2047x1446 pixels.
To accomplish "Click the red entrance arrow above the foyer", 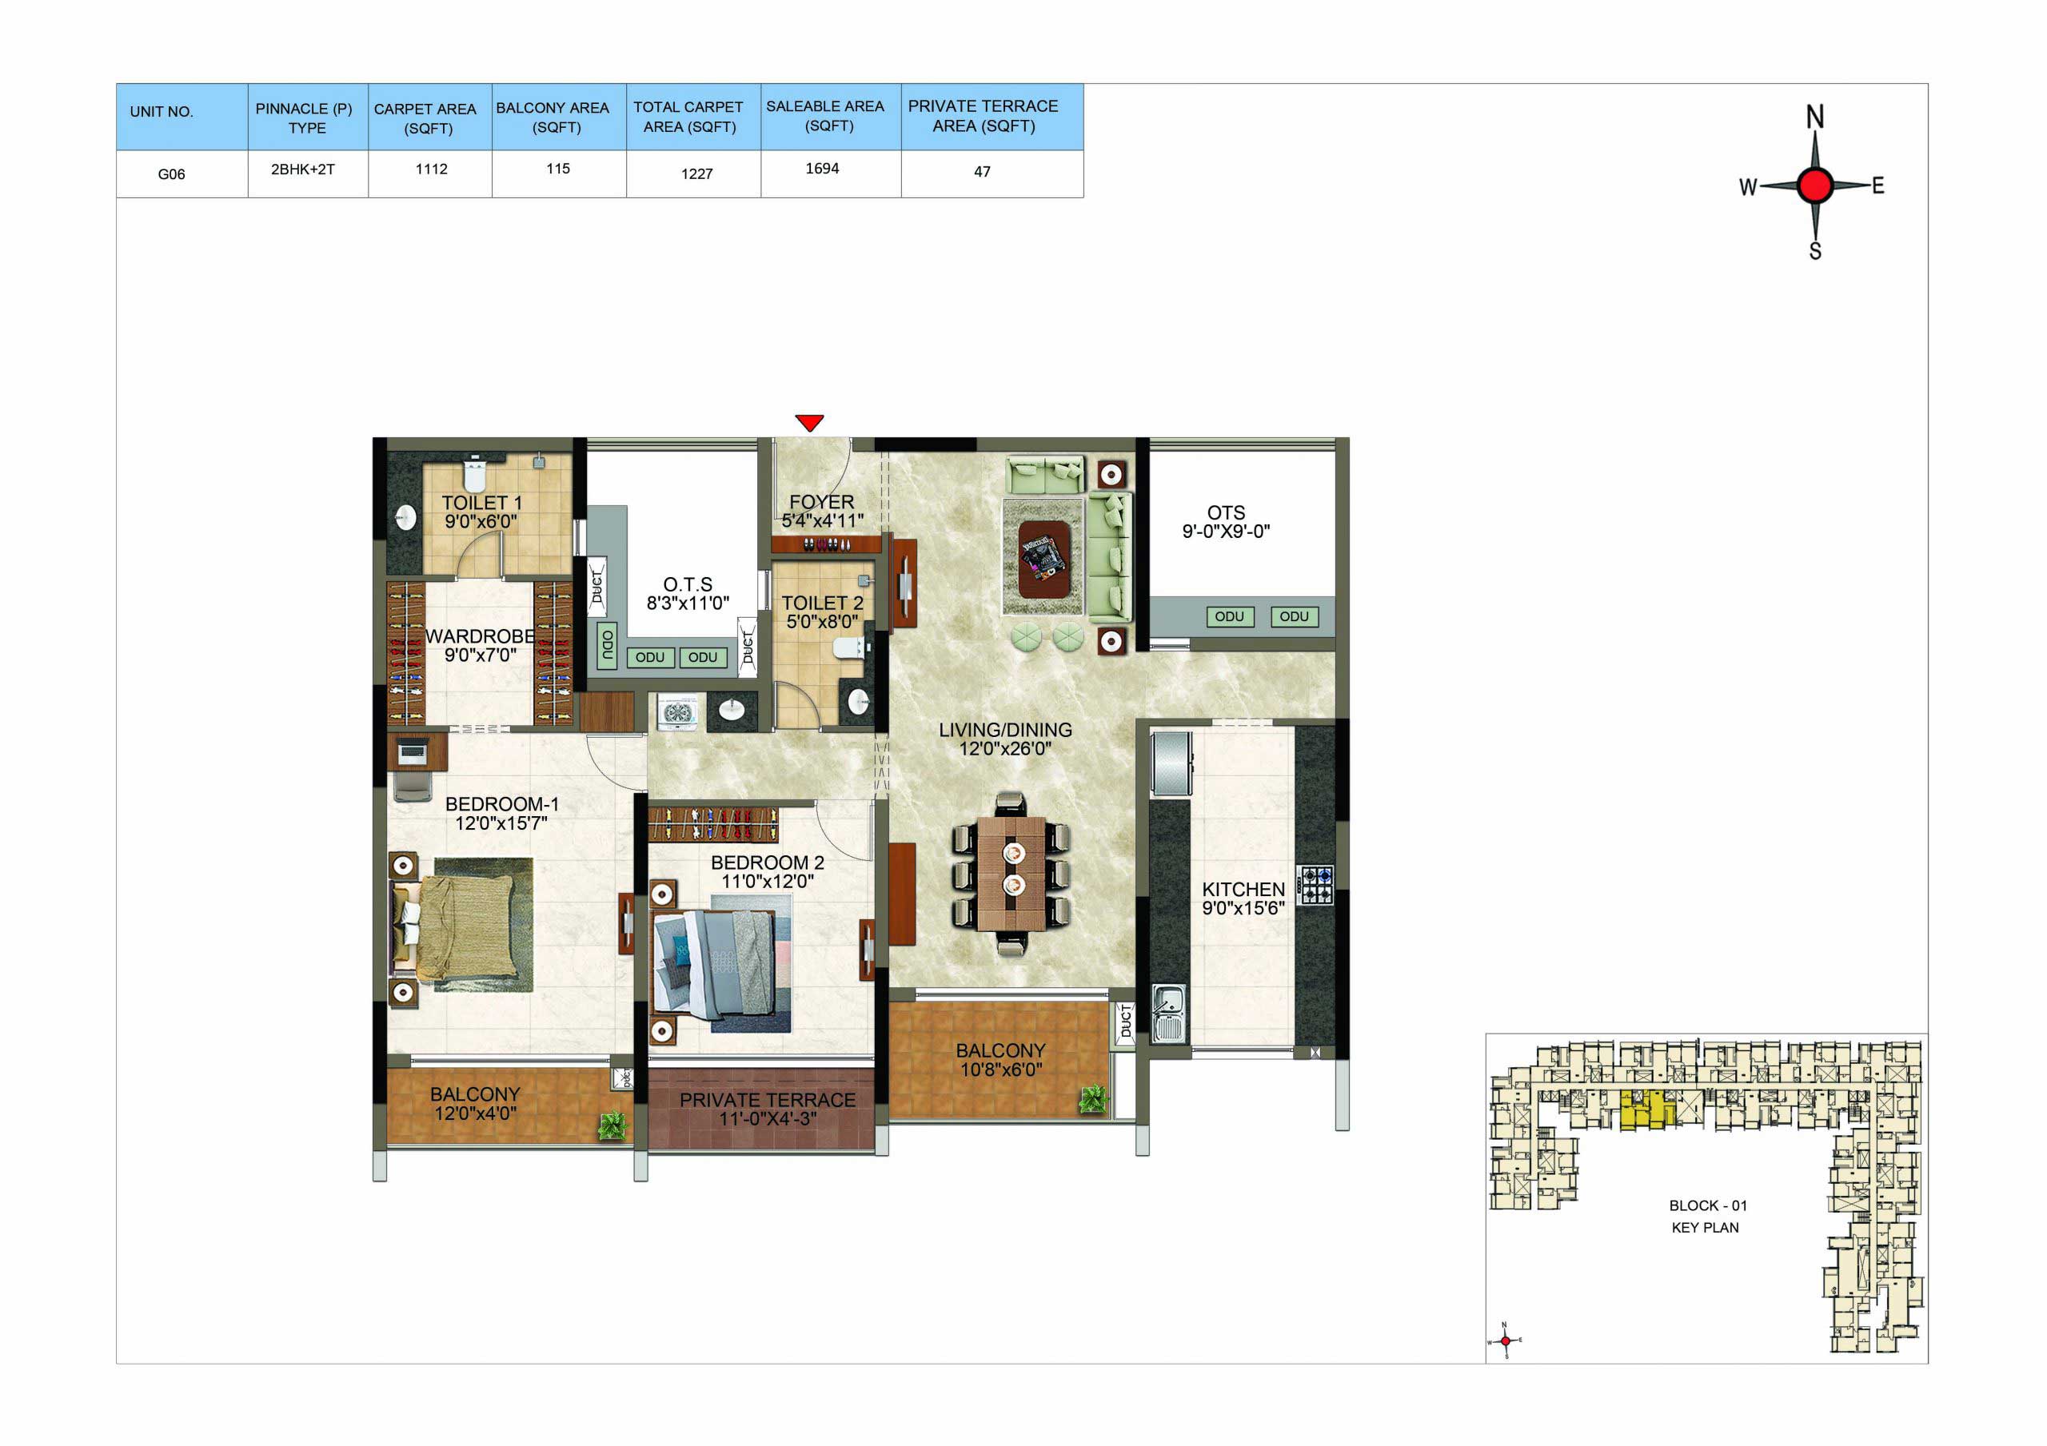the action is [809, 423].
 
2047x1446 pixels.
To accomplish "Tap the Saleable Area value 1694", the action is [822, 169].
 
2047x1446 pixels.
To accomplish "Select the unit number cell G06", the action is [171, 173].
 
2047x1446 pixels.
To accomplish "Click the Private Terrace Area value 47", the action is [982, 172].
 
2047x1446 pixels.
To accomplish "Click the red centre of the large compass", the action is [1814, 185].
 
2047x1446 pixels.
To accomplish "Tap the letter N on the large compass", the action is [1814, 117].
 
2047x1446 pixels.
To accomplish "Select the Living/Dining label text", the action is [1005, 730].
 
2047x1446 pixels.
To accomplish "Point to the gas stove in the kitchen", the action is [1316, 885].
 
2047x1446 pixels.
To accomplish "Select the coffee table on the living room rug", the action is [1044, 559].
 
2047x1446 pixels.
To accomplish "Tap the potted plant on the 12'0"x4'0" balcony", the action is [612, 1126].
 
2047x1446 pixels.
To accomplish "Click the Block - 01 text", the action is [1707, 1205].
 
